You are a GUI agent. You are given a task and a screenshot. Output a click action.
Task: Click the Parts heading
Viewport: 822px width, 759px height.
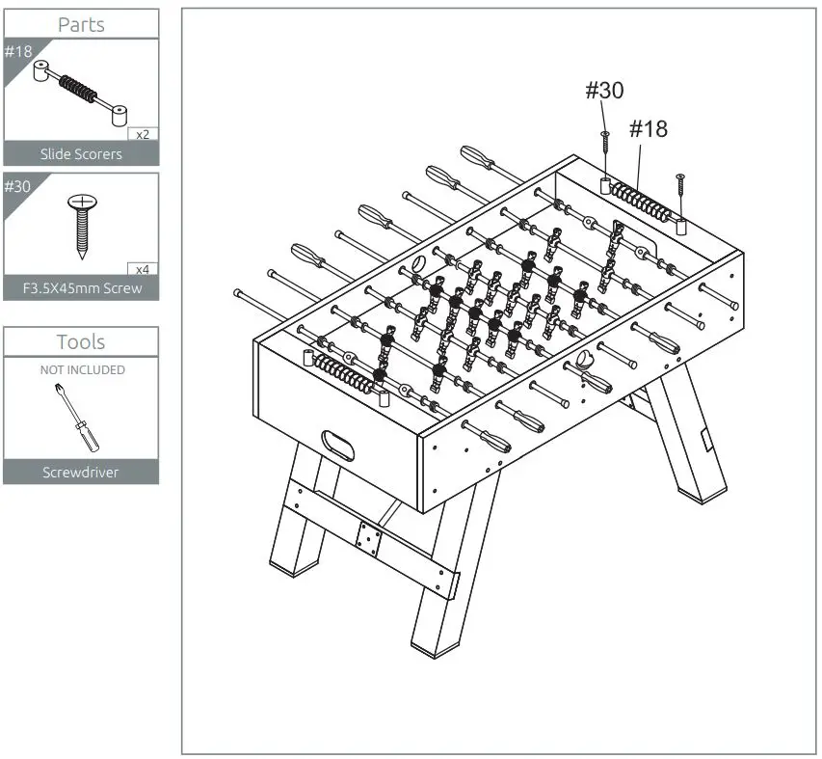[x=81, y=24]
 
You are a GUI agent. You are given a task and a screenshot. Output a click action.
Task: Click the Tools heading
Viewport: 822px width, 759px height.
[x=81, y=341]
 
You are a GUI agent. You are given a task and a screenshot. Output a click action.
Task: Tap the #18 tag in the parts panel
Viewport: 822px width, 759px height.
[x=18, y=51]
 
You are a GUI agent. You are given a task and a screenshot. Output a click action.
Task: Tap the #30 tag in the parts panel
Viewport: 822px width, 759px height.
[x=18, y=185]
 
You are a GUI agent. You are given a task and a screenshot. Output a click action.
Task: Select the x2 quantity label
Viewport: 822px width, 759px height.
[x=143, y=134]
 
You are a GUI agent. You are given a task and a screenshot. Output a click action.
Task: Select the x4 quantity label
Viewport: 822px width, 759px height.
[x=143, y=268]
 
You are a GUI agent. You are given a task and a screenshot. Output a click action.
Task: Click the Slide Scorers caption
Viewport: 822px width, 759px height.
[x=81, y=153]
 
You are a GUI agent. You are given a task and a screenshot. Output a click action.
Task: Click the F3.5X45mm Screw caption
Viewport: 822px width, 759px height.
[x=81, y=287]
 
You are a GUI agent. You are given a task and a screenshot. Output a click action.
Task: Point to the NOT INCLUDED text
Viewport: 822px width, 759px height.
[x=81, y=369]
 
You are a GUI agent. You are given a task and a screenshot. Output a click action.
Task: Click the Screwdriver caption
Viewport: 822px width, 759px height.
[x=81, y=473]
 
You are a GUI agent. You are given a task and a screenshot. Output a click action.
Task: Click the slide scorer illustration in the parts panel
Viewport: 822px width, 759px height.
[x=78, y=93]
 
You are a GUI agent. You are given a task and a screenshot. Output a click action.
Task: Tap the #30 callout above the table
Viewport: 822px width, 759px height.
[x=604, y=91]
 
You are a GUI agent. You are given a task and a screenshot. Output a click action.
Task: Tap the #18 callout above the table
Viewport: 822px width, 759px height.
[x=648, y=129]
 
